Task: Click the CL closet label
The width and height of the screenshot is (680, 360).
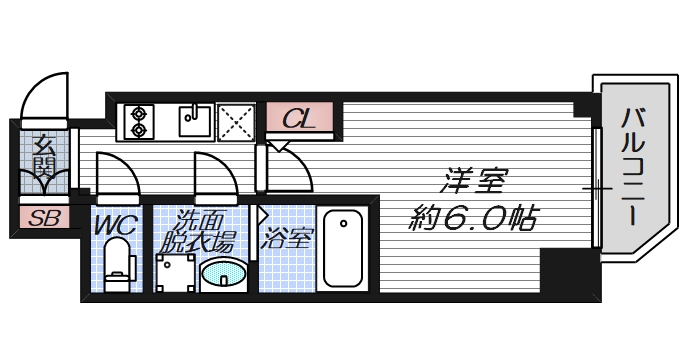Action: point(297,119)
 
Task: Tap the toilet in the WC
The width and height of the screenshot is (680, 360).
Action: point(119,266)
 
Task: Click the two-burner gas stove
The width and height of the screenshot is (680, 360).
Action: point(137,122)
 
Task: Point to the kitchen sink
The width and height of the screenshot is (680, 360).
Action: point(195,121)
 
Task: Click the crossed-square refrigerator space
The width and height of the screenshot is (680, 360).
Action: point(238,122)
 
